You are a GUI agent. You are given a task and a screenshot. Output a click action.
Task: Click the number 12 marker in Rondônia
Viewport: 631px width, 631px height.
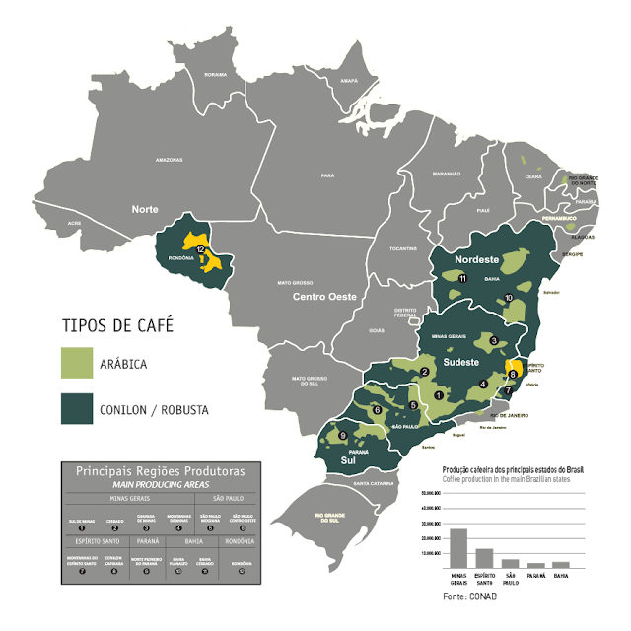[201, 251]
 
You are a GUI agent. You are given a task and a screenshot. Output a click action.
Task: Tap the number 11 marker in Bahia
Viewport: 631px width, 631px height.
[462, 279]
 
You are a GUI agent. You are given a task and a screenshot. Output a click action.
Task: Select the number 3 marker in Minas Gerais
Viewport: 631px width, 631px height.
[494, 341]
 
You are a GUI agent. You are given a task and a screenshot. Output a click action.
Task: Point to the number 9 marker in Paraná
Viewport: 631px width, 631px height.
[342, 435]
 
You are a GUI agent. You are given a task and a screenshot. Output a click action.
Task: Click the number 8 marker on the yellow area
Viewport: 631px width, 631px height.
[513, 374]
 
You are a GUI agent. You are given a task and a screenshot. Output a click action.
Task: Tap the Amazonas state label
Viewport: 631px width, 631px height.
[169, 159]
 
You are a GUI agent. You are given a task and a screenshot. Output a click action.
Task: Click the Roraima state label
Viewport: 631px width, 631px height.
[215, 74]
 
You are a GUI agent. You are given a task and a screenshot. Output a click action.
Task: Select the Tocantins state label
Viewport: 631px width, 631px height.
[401, 249]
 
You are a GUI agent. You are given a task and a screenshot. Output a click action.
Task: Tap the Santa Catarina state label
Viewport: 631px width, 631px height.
[376, 483]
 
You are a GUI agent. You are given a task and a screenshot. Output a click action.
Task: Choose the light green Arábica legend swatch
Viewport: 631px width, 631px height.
[77, 363]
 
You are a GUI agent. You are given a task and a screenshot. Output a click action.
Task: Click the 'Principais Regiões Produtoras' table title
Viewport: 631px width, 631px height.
[158, 471]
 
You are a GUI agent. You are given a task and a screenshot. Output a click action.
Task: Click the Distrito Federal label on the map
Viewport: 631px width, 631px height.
[406, 313]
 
